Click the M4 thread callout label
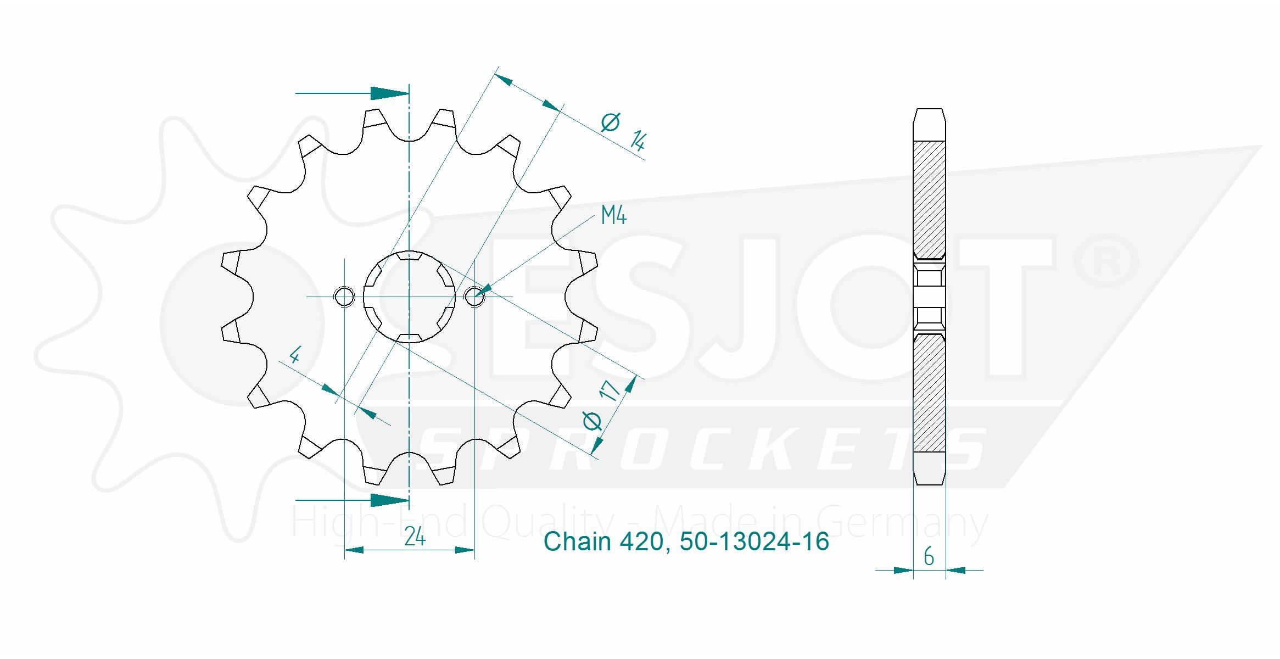pos(613,215)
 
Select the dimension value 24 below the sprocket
pos(415,537)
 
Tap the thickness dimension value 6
pos(929,556)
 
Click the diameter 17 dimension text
pos(601,405)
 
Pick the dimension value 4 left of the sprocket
pos(295,355)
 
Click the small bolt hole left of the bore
pos(344,297)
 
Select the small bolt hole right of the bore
pos(474,297)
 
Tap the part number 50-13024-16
pos(754,541)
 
